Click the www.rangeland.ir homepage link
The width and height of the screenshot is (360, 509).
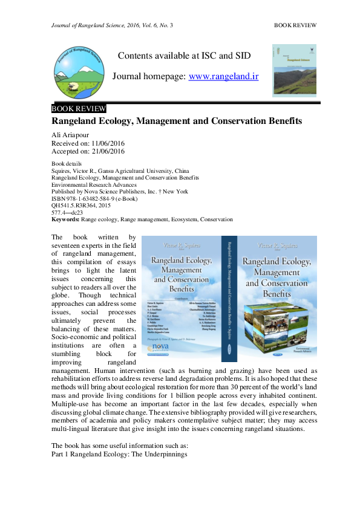tap(224, 77)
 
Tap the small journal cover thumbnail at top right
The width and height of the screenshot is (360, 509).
tap(295, 70)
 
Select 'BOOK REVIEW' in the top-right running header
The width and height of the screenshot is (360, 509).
tap(296, 25)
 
